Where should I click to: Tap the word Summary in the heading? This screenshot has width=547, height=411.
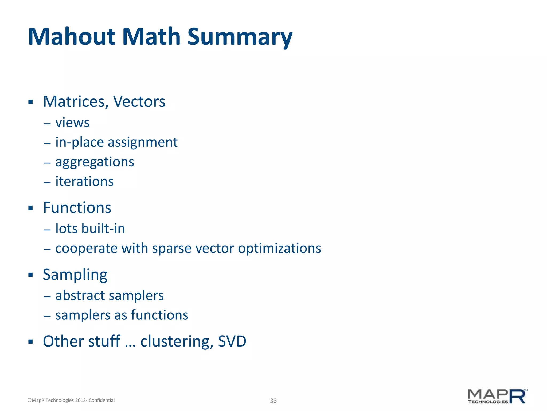coord(240,37)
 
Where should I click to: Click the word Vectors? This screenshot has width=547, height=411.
coord(139,102)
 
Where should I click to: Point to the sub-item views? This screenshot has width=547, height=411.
coord(72,123)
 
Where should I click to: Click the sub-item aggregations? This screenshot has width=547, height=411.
coord(95,162)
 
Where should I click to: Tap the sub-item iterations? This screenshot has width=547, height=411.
coord(84,181)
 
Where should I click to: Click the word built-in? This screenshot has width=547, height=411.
coord(103,229)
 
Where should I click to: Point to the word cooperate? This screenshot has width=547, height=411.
coord(87,248)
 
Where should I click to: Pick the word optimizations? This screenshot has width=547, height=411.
coord(279,248)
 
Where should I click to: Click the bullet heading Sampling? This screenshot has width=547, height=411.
coord(75,275)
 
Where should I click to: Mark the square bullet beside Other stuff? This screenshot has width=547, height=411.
coord(30,341)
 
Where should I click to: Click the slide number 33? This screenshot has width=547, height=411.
coord(273,401)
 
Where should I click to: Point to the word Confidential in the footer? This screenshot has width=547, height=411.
coord(101,400)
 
